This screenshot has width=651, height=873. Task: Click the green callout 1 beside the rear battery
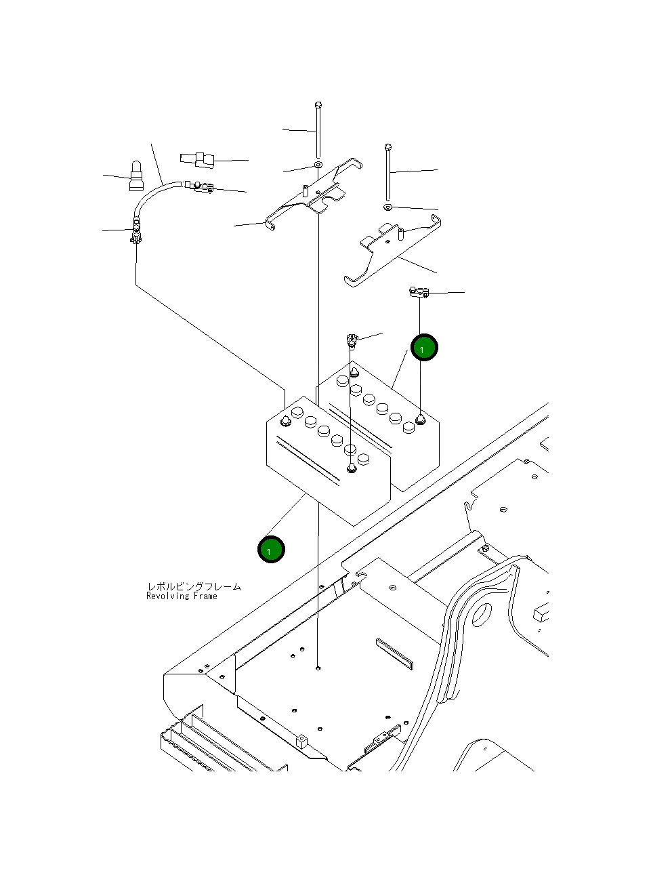pos(424,348)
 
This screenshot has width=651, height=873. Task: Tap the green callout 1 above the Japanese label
pos(270,550)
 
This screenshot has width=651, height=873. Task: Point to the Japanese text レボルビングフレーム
pos(194,586)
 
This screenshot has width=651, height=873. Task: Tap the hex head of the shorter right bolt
pos(387,147)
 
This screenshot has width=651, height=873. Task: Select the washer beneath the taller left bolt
pos(318,165)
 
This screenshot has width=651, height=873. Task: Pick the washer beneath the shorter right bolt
pos(387,205)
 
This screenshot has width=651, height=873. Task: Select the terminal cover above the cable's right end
pos(198,160)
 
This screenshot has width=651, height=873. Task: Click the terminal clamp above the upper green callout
pos(418,293)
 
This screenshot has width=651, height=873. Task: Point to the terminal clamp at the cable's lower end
pos(135,237)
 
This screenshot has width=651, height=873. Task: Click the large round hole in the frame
pos(481,615)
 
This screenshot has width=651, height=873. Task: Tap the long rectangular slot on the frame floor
pos(394,652)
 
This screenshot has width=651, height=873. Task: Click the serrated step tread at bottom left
pos(203,752)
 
